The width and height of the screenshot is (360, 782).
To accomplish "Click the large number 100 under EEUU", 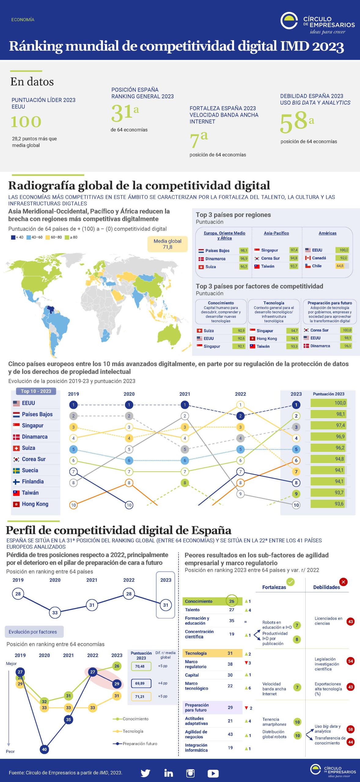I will (x=26, y=122).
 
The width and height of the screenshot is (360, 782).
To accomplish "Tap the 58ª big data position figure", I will (x=296, y=121).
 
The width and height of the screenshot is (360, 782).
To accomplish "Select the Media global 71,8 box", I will (x=167, y=244).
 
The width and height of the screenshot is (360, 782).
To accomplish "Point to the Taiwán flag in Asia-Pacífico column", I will (x=257, y=266).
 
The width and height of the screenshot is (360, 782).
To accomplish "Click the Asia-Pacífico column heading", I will (x=276, y=233).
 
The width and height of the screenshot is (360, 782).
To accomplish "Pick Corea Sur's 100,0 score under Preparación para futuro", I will (x=347, y=330).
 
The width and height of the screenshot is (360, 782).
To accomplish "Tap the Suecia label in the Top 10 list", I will (x=30, y=470).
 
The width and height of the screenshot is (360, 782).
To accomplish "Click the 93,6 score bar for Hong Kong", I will (x=328, y=504).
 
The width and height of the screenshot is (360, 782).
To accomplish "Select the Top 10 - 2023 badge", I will (x=36, y=391).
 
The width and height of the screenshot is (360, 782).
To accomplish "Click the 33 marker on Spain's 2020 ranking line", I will (x=55, y=612).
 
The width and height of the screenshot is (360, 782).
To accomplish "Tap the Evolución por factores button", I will (x=33, y=632).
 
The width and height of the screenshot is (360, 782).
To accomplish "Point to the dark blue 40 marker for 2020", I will (x=44, y=749).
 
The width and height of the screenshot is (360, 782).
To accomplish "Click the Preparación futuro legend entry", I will (x=139, y=744).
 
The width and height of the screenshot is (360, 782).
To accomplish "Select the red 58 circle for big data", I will (x=351, y=729).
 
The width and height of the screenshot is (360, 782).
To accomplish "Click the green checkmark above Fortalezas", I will (x=290, y=582).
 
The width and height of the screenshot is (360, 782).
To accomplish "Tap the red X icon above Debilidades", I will (x=343, y=582).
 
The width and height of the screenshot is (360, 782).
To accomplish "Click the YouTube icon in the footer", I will (x=213, y=773).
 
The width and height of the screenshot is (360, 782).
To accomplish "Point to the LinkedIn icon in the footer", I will (x=168, y=773).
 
